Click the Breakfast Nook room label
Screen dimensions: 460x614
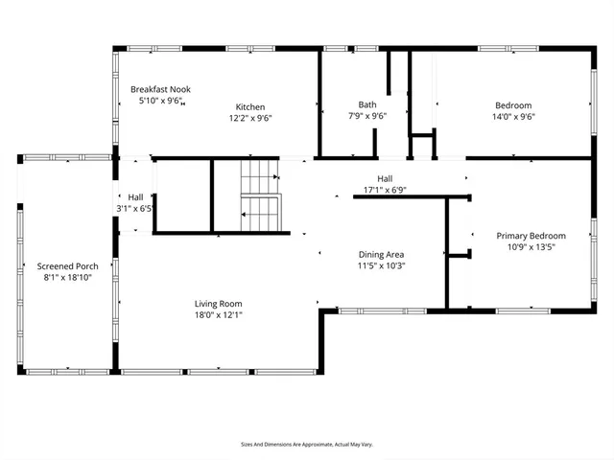coord(161,89)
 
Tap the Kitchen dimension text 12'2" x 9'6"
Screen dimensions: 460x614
coord(251,119)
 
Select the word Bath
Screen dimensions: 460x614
coord(367,104)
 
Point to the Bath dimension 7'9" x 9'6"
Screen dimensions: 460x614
coord(367,117)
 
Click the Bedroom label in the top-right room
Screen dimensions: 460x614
coord(513,105)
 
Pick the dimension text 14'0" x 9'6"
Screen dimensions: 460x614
coord(513,118)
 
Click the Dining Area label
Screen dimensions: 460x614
coord(382,255)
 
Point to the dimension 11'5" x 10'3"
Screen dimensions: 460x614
coord(382,266)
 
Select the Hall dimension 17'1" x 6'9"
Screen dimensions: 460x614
coord(385,190)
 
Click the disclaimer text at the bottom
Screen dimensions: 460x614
coord(306,445)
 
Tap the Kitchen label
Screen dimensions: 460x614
coord(251,106)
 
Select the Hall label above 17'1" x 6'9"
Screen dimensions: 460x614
coord(385,178)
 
